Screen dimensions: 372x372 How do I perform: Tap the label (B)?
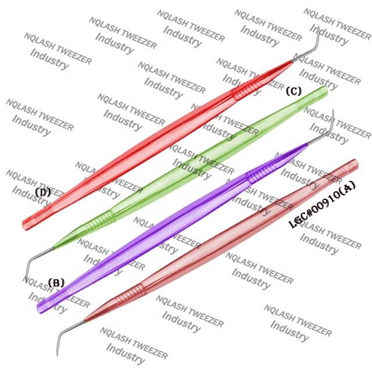56,283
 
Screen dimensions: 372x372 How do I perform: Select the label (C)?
294,91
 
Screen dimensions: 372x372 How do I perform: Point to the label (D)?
43,192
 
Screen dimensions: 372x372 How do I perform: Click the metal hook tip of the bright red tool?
315,35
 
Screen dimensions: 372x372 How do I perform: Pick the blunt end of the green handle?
323,90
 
